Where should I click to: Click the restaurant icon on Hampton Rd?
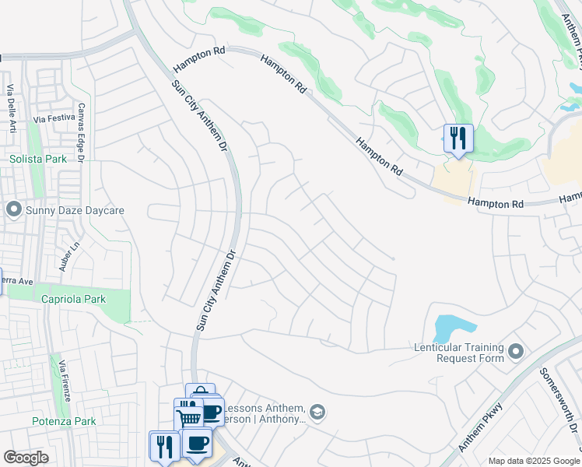click(x=458, y=139)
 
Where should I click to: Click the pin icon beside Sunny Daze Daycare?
click(x=12, y=210)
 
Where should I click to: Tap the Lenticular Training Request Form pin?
click(x=515, y=353)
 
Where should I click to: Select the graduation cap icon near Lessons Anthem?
click(x=317, y=412)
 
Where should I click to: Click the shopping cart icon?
click(x=189, y=418)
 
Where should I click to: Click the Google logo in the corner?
click(x=26, y=458)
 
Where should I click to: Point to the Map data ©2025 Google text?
click(x=534, y=460)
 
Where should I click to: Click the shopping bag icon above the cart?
click(x=200, y=392)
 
